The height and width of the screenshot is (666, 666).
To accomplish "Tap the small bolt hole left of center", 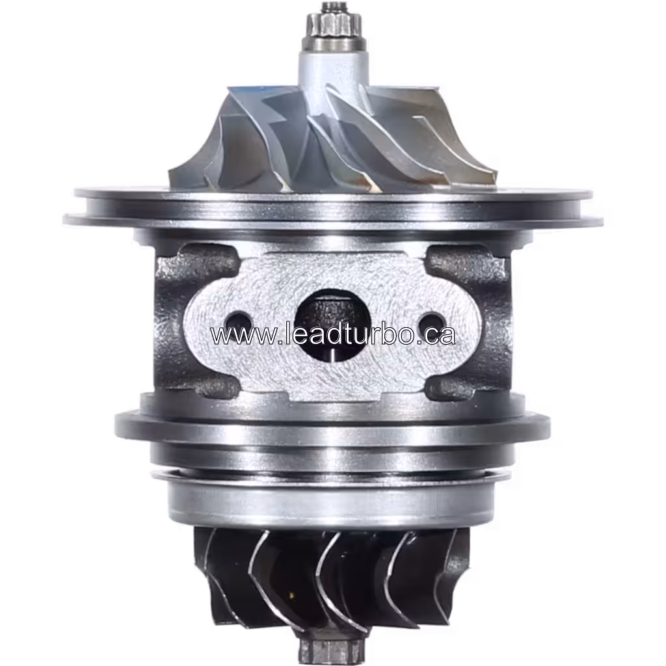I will point(238,321).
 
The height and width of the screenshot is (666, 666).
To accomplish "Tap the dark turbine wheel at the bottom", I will point(332,579).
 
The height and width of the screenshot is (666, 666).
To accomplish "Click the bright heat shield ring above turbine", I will point(332,501).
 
